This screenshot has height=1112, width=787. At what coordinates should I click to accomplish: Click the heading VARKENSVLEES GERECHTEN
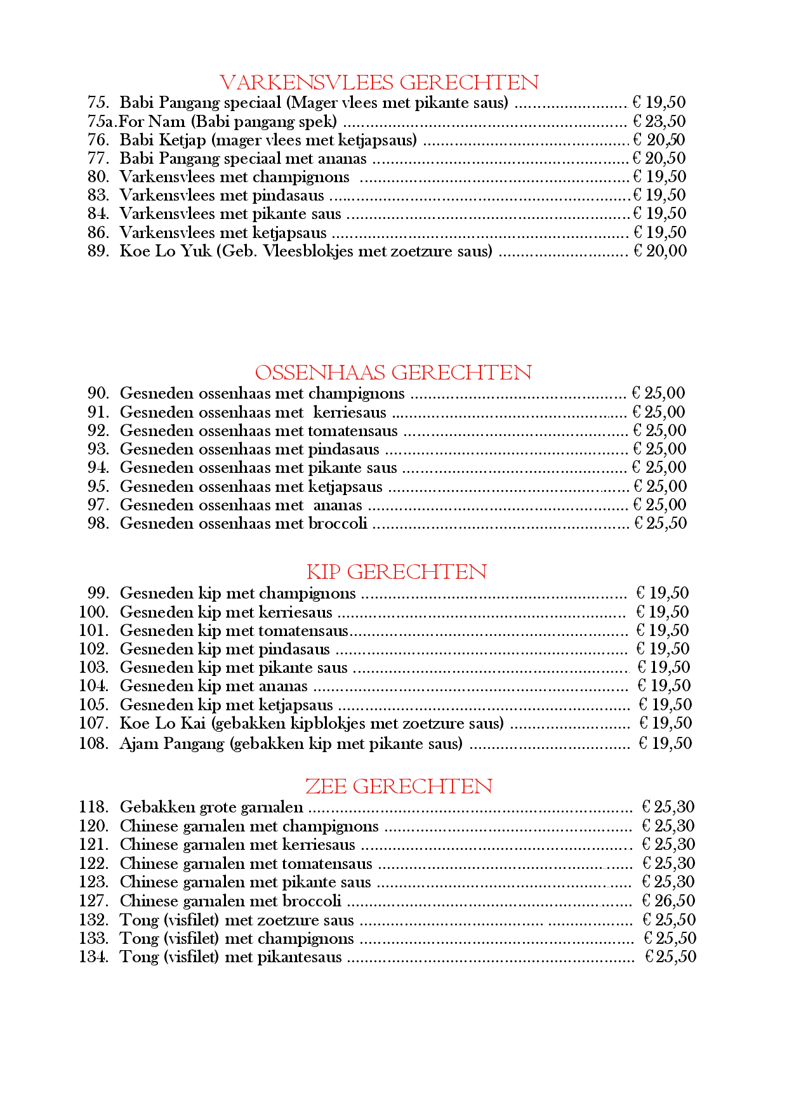pyautogui.click(x=379, y=83)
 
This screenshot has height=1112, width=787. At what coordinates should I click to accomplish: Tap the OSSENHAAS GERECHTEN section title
pyautogui.click(x=393, y=373)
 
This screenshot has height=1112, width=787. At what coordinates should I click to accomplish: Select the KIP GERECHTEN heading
pyautogui.click(x=396, y=572)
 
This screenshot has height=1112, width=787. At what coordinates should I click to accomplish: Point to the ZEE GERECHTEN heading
pyautogui.click(x=399, y=786)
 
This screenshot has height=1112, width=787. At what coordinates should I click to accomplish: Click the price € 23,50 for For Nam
pyautogui.click(x=659, y=121)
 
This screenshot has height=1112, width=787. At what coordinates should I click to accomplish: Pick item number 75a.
pyautogui.click(x=102, y=121)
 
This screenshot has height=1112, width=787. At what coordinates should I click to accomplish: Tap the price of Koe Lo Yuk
pyautogui.click(x=660, y=251)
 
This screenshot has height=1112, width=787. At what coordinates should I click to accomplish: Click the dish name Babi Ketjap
pyautogui.click(x=162, y=140)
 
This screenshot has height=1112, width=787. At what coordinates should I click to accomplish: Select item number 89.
pyautogui.click(x=98, y=251)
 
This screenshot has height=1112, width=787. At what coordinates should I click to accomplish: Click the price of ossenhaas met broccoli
pyautogui.click(x=661, y=524)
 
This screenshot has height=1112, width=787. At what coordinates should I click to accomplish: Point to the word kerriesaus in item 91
pyautogui.click(x=350, y=413)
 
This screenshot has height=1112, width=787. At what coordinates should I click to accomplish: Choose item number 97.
pyautogui.click(x=98, y=505)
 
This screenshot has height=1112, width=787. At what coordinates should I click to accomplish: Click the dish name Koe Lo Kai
pyautogui.click(x=162, y=724)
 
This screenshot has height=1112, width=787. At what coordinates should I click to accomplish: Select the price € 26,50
pyautogui.click(x=668, y=901)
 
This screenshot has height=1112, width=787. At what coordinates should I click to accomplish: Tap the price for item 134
pyautogui.click(x=670, y=957)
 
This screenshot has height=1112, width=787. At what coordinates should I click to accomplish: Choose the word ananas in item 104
pyautogui.click(x=283, y=686)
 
